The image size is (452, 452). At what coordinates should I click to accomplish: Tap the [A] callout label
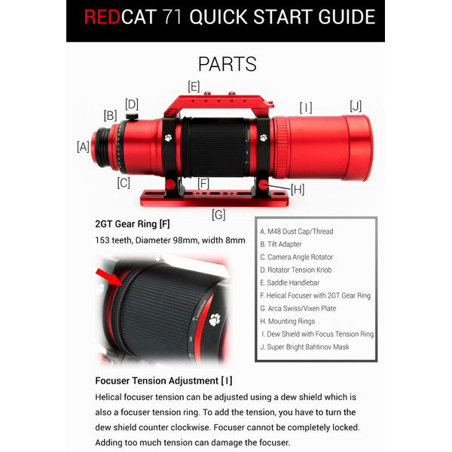(x=83, y=147)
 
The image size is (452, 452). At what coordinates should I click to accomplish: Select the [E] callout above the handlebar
(x=194, y=86)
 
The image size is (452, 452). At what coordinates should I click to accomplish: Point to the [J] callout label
(x=356, y=105)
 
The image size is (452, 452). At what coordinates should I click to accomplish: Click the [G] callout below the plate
(x=218, y=215)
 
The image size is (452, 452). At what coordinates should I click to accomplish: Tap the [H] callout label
(x=297, y=189)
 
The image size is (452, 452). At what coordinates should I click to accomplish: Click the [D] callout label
(x=132, y=104)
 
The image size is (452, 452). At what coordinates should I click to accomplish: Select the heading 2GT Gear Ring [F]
(x=133, y=224)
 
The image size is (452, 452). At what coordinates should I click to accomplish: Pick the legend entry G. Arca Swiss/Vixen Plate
(x=298, y=308)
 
